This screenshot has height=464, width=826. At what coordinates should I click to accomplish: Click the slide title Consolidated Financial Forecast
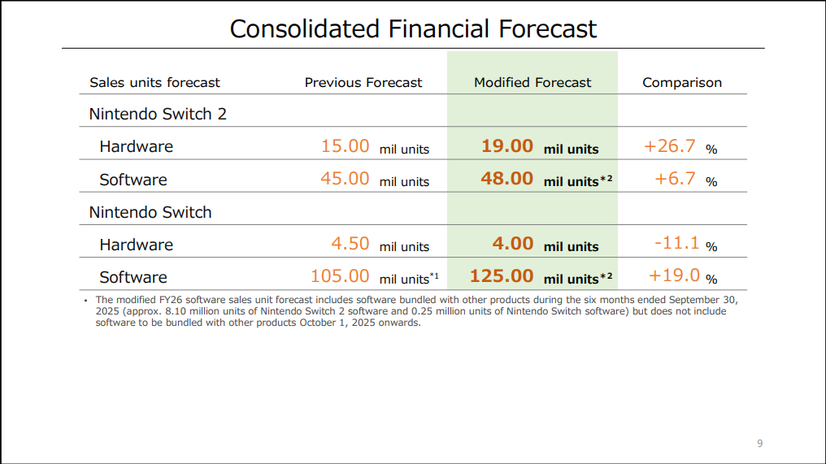pyautogui.click(x=413, y=28)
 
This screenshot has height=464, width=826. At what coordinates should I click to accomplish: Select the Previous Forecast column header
pyautogui.click(x=363, y=82)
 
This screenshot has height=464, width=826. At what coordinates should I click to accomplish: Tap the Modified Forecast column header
pyautogui.click(x=533, y=82)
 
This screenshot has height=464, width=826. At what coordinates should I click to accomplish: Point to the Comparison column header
pyautogui.click(x=682, y=82)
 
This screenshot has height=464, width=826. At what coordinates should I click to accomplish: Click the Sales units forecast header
pyautogui.click(x=154, y=82)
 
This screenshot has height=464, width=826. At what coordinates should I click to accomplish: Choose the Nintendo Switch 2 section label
pyautogui.click(x=158, y=114)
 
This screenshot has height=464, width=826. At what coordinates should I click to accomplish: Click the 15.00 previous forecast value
pyautogui.click(x=346, y=146)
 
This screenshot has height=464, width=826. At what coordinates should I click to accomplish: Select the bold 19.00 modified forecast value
pyautogui.click(x=507, y=146)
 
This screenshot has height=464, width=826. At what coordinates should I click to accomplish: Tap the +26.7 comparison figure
pyautogui.click(x=670, y=146)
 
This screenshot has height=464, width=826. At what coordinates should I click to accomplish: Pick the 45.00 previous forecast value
pyautogui.click(x=346, y=179)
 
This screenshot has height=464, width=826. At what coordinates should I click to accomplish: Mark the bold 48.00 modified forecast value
pyautogui.click(x=507, y=179)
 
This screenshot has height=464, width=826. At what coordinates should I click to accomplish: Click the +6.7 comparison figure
pyautogui.click(x=676, y=179)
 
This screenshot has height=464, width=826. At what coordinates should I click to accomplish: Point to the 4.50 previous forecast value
pyautogui.click(x=350, y=244)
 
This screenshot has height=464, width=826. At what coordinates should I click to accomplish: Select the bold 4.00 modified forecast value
pyautogui.click(x=513, y=244)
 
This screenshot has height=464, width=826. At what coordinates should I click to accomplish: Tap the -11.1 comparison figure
pyautogui.click(x=676, y=244)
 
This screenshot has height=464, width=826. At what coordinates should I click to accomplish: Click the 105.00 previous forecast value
pyautogui.click(x=340, y=276)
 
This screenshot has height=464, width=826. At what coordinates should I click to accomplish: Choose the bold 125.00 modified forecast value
pyautogui.click(x=502, y=276)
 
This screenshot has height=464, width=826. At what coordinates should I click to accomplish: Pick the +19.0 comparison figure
pyautogui.click(x=675, y=276)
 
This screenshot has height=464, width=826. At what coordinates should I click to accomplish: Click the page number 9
pyautogui.click(x=759, y=444)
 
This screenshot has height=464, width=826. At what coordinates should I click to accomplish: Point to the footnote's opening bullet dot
pyautogui.click(x=85, y=301)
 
